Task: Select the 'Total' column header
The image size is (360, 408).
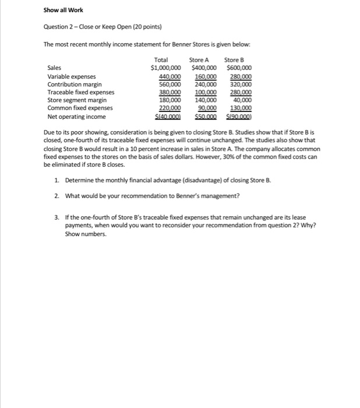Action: [x=161, y=59]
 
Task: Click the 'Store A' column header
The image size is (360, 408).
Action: [x=200, y=59]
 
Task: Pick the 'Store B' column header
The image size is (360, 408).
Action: [x=234, y=59]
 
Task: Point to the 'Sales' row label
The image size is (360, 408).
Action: [x=55, y=68]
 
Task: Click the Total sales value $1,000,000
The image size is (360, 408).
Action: [x=166, y=68]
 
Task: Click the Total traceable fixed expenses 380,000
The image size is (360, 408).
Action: [x=170, y=92]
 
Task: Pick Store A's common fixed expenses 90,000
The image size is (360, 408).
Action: [x=207, y=108]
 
